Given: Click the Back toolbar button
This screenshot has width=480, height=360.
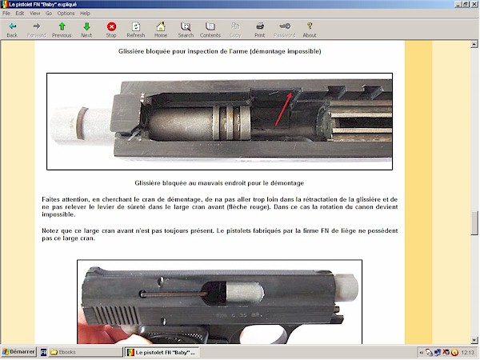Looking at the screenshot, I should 12,30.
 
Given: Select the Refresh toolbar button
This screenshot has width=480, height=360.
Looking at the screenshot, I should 136,30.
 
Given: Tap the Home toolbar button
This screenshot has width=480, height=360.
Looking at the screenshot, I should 161,30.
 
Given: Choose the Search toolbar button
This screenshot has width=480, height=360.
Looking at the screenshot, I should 186,30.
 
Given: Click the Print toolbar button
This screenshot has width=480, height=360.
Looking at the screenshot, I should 259,30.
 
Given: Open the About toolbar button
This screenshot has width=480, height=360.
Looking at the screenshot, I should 310,30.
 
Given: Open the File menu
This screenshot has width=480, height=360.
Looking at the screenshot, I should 6,14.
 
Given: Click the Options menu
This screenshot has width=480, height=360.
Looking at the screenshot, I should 66,14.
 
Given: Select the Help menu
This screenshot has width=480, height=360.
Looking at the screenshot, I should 86,14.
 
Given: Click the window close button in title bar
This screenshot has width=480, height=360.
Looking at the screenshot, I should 473,5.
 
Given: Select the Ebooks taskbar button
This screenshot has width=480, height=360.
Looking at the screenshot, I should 64,352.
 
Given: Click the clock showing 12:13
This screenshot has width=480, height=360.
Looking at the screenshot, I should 469,352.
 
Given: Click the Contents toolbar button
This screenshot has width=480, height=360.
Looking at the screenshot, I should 210,30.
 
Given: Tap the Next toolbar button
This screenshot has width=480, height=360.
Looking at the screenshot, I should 86,30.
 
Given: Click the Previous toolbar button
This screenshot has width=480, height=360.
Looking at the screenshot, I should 62,30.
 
